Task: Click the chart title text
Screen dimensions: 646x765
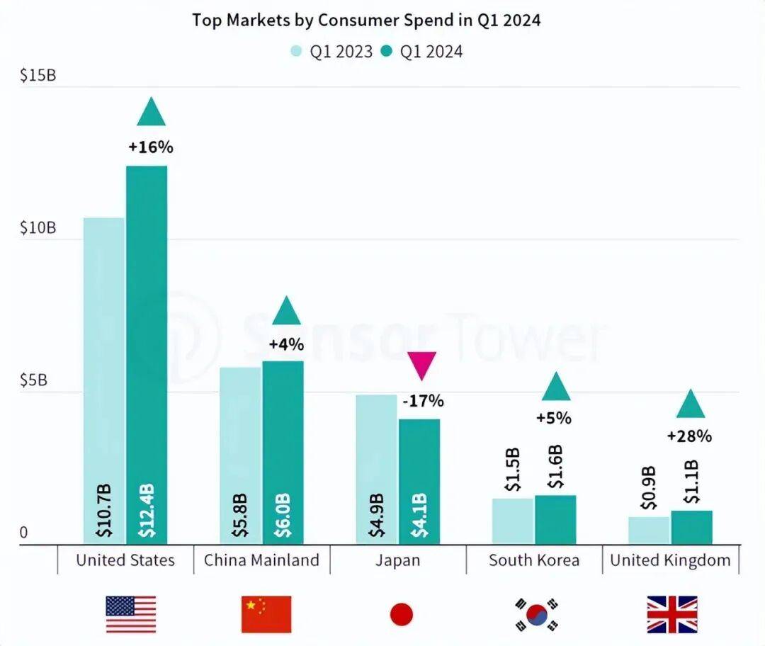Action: pyautogui.click(x=366, y=20)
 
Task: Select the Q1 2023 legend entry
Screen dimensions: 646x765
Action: pyautogui.click(x=331, y=52)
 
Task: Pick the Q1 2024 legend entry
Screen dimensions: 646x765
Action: pyautogui.click(x=421, y=52)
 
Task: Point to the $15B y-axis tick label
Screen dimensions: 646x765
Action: pyautogui.click(x=38, y=75)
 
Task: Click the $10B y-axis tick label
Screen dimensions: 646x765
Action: pyautogui.click(x=38, y=228)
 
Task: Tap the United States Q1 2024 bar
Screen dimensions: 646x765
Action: pyautogui.click(x=147, y=354)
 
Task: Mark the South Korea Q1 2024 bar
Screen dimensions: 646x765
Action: pyautogui.click(x=555, y=519)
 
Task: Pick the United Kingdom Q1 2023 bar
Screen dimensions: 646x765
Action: pyautogui.click(x=649, y=530)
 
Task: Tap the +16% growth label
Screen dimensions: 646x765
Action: pyautogui.click(x=151, y=147)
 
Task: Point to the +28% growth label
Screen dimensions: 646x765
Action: pyautogui.click(x=689, y=436)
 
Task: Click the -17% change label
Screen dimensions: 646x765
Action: pyautogui.click(x=423, y=401)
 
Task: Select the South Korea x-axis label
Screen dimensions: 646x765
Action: pyautogui.click(x=534, y=560)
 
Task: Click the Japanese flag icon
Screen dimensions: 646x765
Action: pyautogui.click(x=401, y=614)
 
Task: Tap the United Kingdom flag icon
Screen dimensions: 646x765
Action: pyautogui.click(x=671, y=614)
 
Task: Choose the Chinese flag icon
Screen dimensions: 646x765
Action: pyautogui.click(x=266, y=614)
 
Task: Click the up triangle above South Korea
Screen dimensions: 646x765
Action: pyautogui.click(x=555, y=387)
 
